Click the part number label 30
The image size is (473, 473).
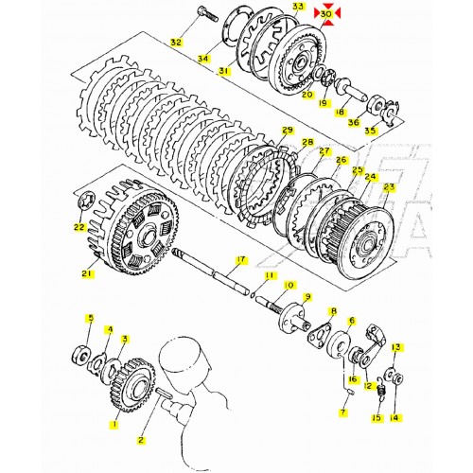(x=326, y=15)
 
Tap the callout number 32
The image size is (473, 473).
(x=175, y=43)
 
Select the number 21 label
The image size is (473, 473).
(x=87, y=274)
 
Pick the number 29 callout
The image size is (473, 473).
(x=287, y=130)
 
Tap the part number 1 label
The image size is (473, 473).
(x=114, y=426)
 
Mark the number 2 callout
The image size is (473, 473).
(x=141, y=440)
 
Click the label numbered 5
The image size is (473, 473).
(x=90, y=318)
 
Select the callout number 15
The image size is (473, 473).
(x=376, y=417)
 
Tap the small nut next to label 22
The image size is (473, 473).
(x=85, y=201)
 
